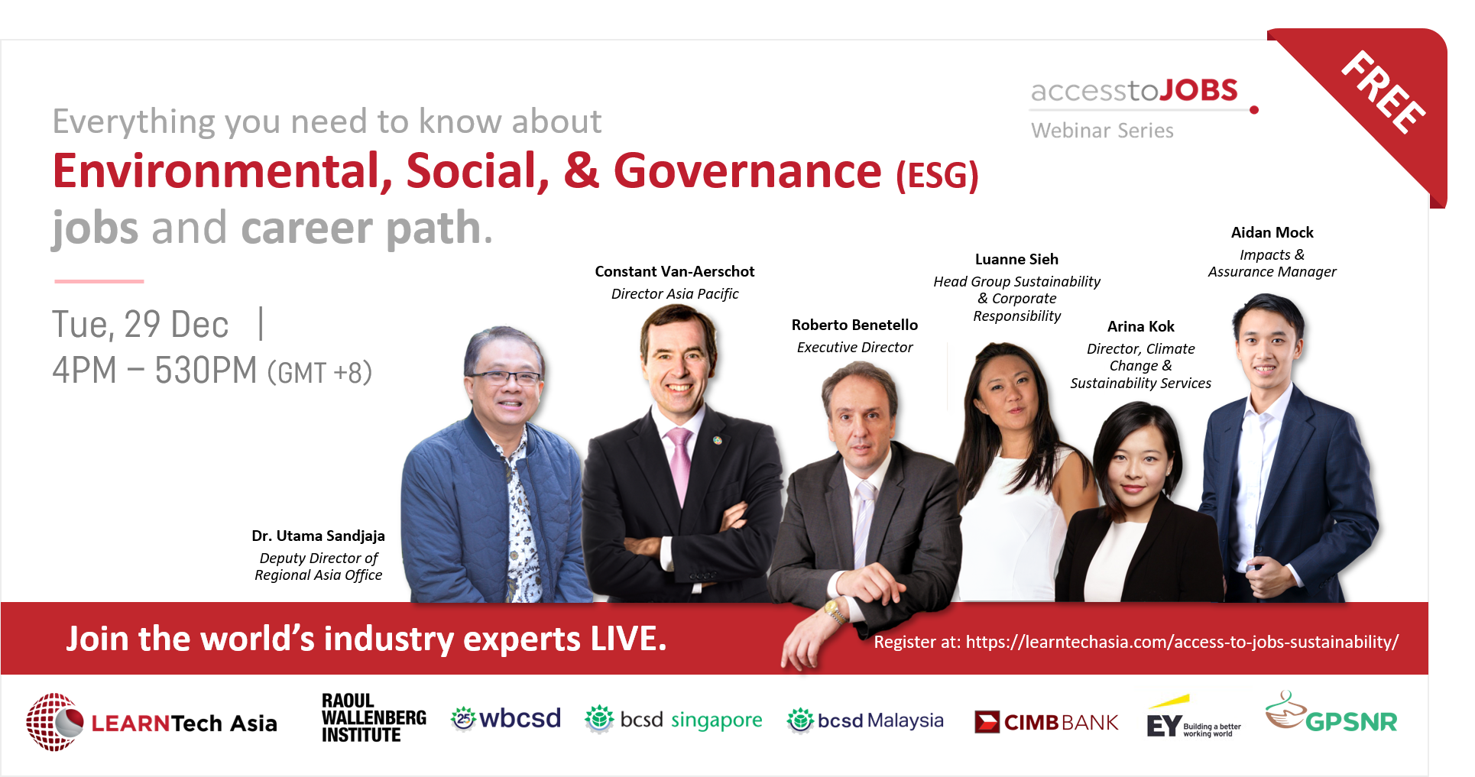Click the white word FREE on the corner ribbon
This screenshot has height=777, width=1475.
click(1384, 92)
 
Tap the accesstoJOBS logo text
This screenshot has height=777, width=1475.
click(1133, 91)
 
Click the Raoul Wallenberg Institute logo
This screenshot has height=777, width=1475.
click(373, 718)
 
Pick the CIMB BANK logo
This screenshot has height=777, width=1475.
click(1045, 722)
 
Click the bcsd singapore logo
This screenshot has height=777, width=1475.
click(673, 720)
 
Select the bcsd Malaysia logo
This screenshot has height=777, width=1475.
click(865, 720)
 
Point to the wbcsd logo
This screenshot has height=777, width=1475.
click(506, 718)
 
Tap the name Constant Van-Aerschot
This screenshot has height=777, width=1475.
click(674, 272)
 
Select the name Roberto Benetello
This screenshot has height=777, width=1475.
click(854, 325)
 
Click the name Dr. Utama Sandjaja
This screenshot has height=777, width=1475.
click(318, 536)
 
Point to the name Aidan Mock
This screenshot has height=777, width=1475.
click(1272, 233)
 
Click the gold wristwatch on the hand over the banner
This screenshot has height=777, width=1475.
click(834, 612)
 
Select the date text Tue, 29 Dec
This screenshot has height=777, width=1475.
click(141, 325)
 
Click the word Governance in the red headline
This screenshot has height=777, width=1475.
click(747, 171)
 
